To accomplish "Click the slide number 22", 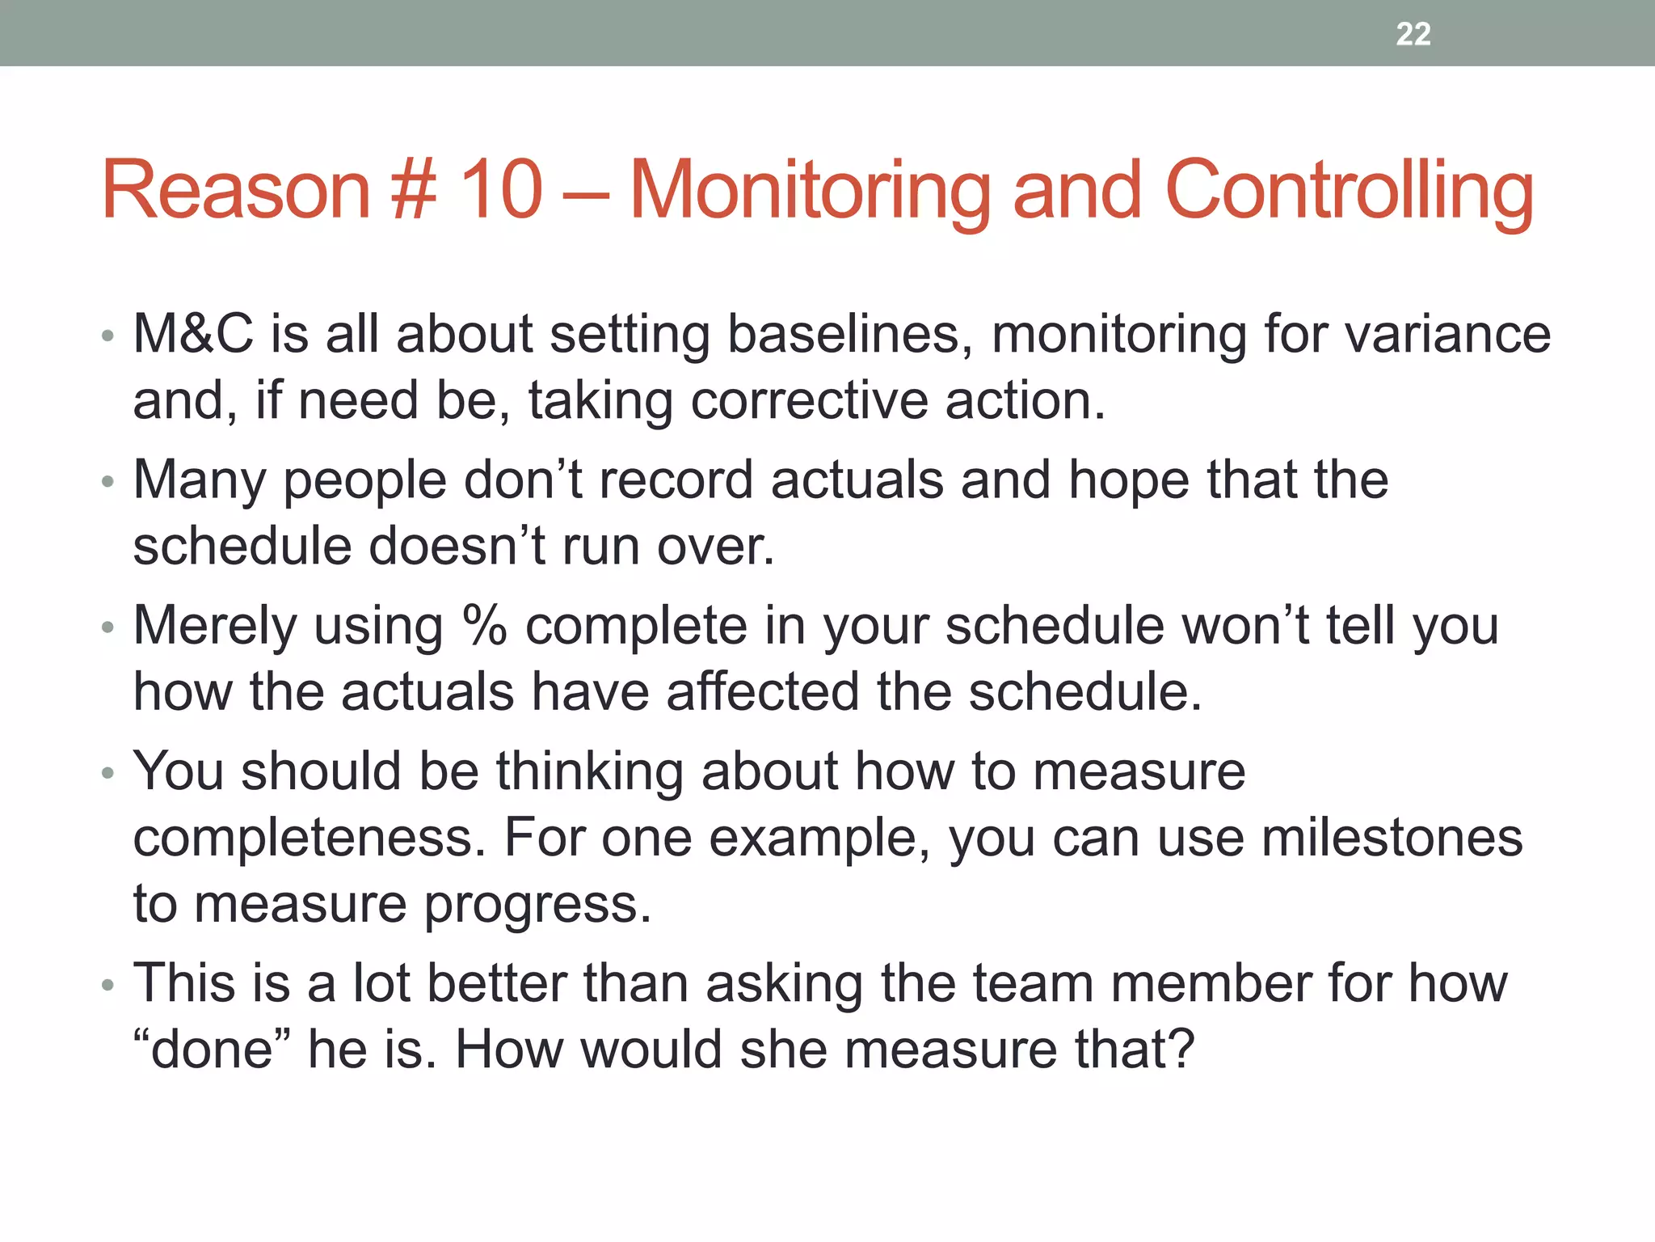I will (x=1413, y=34).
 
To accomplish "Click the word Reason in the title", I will (x=235, y=190).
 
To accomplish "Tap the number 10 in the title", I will (x=500, y=190).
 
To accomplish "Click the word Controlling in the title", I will (x=1349, y=192).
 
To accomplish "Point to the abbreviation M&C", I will (x=193, y=334).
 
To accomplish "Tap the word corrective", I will (x=809, y=401).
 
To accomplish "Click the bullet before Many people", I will (x=108, y=483).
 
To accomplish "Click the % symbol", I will (x=485, y=626).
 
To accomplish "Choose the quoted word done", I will (x=212, y=1050).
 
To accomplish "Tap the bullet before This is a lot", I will (x=108, y=986).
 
